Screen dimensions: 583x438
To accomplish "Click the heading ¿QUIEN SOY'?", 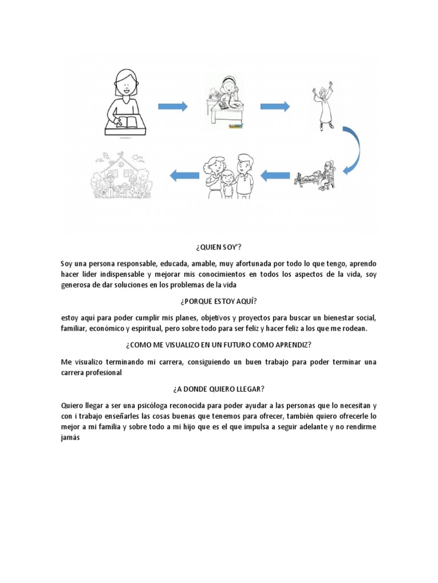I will coord(219,248).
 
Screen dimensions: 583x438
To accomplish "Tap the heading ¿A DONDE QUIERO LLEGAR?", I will coord(219,389).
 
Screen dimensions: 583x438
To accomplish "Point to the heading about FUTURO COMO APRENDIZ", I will coord(219,345).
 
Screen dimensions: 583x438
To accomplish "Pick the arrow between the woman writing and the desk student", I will coord(172,106).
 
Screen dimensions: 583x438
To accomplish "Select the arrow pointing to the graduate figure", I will coord(275,106).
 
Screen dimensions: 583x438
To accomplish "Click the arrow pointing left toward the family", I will coord(275,175).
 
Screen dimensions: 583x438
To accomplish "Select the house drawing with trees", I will coord(123,174).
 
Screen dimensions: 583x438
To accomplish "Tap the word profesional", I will coord(104,372).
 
